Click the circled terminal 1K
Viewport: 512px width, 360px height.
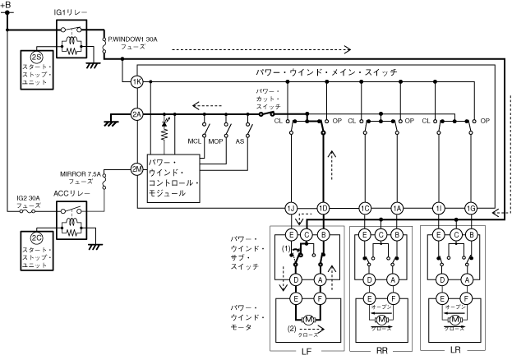(x=136, y=82)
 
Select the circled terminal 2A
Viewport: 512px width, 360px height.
(x=136, y=114)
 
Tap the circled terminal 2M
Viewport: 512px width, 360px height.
(x=136, y=169)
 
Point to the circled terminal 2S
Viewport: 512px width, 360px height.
(x=37, y=56)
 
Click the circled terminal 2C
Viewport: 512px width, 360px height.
(x=37, y=238)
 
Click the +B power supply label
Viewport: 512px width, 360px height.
(x=7, y=7)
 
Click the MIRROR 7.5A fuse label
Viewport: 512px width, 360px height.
(x=80, y=178)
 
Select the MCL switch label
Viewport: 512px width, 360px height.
(x=195, y=141)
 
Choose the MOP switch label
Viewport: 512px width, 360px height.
(x=216, y=141)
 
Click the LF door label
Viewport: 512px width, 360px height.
(x=306, y=352)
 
